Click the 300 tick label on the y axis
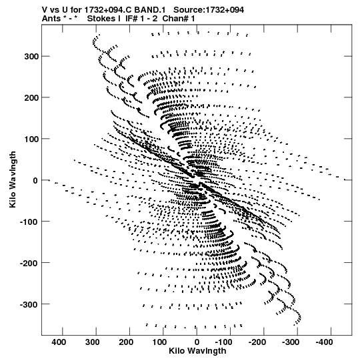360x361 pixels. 31,57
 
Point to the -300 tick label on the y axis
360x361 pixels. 29,304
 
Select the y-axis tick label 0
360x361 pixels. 35,180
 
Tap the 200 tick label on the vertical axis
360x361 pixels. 31,97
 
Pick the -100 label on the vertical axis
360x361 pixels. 29,222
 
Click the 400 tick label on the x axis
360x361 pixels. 59,342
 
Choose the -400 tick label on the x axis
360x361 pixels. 325,342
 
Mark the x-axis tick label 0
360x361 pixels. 197,342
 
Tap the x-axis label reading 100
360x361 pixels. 159,342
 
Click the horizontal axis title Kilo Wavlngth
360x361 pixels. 197,351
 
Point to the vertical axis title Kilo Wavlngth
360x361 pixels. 13,179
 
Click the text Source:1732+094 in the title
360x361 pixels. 209,10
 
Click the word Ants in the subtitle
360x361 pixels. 51,19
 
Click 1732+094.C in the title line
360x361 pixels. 108,10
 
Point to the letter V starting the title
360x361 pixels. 45,10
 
